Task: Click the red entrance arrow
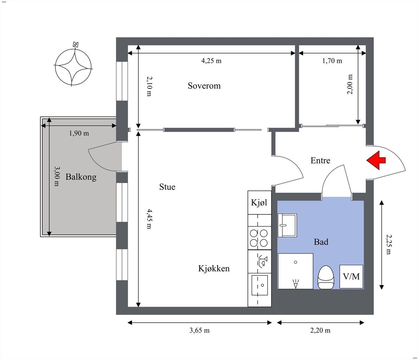(x=375, y=160)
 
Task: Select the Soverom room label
(x=204, y=86)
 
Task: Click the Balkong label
(x=81, y=177)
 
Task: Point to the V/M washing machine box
(x=351, y=277)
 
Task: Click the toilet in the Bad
(x=326, y=277)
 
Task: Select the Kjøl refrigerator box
(x=259, y=202)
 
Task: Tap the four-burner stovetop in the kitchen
(x=259, y=238)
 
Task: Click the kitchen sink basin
(x=259, y=285)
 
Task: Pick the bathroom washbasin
(x=287, y=225)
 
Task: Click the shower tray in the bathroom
(x=296, y=271)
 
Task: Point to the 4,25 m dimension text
(x=211, y=61)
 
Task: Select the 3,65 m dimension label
(x=200, y=330)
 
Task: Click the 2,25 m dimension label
(x=388, y=244)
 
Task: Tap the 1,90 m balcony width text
(x=79, y=133)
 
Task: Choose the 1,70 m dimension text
(x=332, y=61)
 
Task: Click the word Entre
(x=320, y=160)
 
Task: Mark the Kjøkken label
(x=214, y=268)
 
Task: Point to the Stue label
(x=167, y=187)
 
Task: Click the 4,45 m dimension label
(x=149, y=219)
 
